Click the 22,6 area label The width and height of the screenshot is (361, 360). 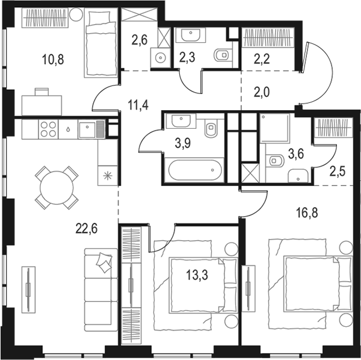point(87,229)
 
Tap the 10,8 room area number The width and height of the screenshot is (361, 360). point(53,60)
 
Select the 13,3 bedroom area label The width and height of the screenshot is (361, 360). point(197,275)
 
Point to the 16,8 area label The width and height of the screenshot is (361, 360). point(307,213)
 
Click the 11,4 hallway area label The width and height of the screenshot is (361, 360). point(138,105)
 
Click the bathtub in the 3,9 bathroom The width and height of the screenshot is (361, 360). point(195,170)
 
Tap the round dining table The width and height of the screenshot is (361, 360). point(57,187)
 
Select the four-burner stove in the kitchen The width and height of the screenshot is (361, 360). point(48,129)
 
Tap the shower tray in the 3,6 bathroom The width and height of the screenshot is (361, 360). point(274,128)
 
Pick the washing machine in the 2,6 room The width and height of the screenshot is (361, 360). point(160,58)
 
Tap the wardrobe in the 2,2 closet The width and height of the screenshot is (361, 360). point(268,37)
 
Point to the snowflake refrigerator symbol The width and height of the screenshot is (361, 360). point(107,176)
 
